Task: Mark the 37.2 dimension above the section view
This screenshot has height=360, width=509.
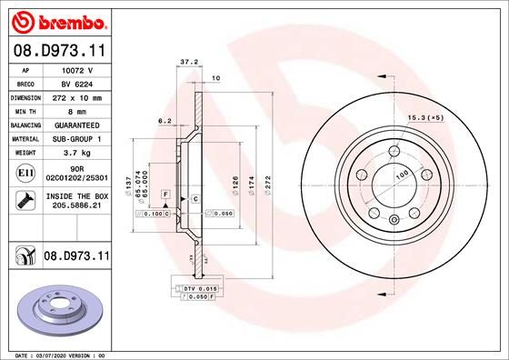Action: coord(188,63)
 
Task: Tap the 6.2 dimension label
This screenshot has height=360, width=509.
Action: coord(165,120)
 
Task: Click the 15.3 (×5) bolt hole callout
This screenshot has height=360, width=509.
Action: coord(426,117)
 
